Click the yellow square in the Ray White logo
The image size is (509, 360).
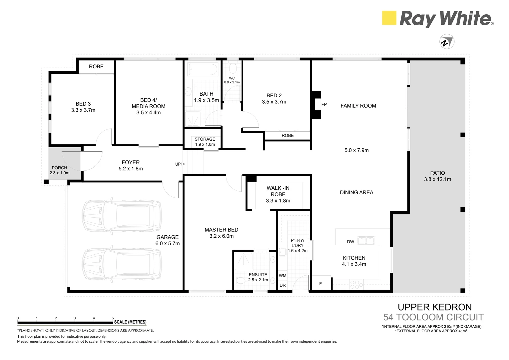[x=389, y=18]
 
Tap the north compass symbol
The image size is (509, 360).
[x=447, y=42]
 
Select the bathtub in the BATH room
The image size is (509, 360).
[x=203, y=70]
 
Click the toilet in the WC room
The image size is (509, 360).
[x=233, y=68]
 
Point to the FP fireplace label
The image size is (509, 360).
[x=324, y=105]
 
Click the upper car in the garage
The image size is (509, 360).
[x=122, y=216]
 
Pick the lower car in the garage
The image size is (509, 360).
[x=122, y=264]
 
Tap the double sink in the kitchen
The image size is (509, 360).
[x=366, y=240]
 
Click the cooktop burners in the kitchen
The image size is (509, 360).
[x=356, y=284]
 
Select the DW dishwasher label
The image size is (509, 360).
[x=350, y=242]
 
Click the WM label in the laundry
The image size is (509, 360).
[x=282, y=276]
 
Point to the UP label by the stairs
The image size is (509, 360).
[x=178, y=164]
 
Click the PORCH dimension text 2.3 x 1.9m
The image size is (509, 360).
[x=60, y=173]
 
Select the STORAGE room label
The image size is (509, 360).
[x=205, y=139]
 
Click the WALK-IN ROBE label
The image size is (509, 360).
[x=278, y=191]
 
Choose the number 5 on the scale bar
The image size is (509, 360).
[x=113, y=318]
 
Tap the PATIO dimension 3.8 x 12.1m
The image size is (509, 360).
[x=437, y=179]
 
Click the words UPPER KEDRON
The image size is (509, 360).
[x=435, y=307]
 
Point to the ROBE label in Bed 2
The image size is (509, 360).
[x=287, y=135]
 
